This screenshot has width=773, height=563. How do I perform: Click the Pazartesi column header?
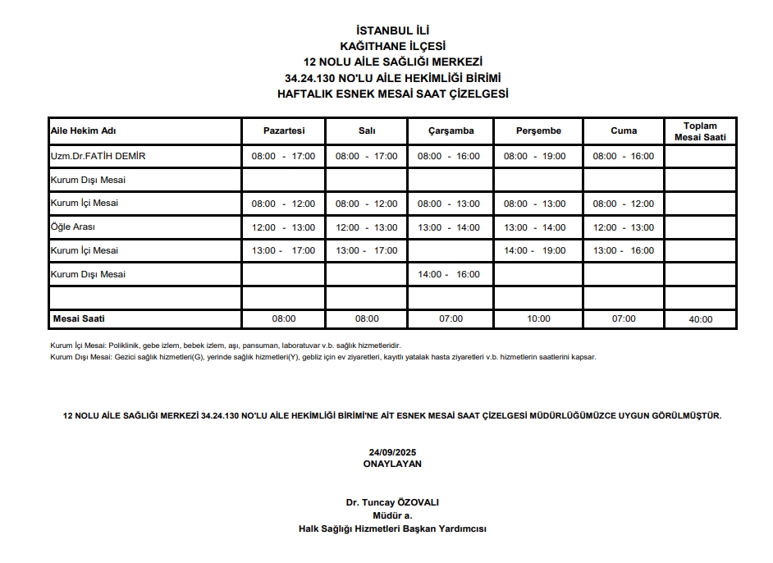pyautogui.click(x=284, y=131)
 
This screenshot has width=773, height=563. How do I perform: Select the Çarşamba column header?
pyautogui.click(x=451, y=131)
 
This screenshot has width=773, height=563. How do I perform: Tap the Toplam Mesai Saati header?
pyautogui.click(x=700, y=131)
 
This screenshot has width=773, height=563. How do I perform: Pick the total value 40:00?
pyautogui.click(x=700, y=319)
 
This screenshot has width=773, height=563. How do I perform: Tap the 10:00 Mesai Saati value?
pyautogui.click(x=538, y=318)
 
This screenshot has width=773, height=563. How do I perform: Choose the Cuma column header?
pyautogui.click(x=624, y=131)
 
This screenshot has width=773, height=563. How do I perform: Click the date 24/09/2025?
pyautogui.click(x=392, y=452)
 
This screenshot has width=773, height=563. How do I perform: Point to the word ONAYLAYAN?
pyautogui.click(x=392, y=463)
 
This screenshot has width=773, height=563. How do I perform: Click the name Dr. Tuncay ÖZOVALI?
pyautogui.click(x=392, y=502)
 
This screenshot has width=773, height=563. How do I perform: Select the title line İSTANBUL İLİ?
pyautogui.click(x=393, y=31)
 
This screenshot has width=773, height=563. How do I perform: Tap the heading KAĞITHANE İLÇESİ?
pyautogui.click(x=393, y=46)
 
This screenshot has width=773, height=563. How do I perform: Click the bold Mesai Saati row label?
pyautogui.click(x=79, y=318)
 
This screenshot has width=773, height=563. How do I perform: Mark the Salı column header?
pyautogui.click(x=367, y=131)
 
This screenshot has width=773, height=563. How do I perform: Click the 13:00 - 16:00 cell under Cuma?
pyautogui.click(x=624, y=250)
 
